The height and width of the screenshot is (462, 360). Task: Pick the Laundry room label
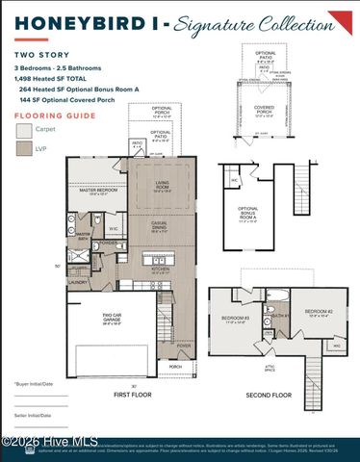(78, 282)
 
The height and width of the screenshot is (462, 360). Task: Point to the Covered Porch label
(264, 108)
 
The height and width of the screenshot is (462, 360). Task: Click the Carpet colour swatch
(22, 129)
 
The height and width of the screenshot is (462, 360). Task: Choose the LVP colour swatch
(22, 148)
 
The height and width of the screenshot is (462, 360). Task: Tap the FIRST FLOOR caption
(134, 395)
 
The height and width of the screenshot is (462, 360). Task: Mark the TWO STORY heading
(37, 58)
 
